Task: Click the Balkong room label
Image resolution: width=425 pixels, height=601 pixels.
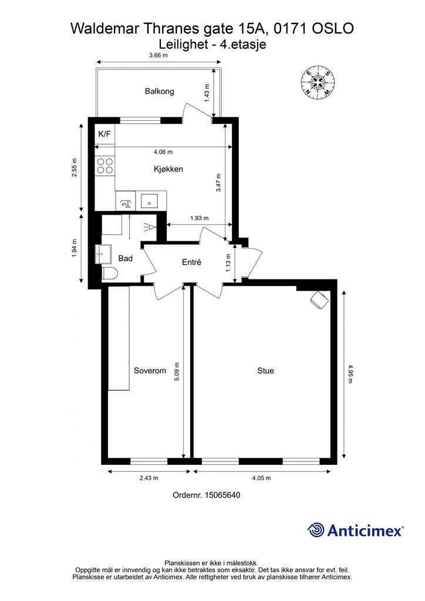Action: pyautogui.click(x=160, y=91)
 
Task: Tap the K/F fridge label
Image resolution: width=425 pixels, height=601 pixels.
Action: pyautogui.click(x=104, y=134)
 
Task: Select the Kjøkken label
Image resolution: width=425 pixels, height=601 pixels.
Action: pyautogui.click(x=168, y=169)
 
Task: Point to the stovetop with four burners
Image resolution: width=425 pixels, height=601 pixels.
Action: pyautogui.click(x=105, y=166)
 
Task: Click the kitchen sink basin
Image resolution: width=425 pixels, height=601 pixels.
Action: pyautogui.click(x=149, y=201)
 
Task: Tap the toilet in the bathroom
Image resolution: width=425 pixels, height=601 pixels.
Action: pyautogui.click(x=110, y=274)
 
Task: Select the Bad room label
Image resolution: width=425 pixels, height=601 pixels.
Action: pyautogui.click(x=125, y=258)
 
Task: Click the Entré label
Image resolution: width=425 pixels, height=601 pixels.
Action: pyautogui.click(x=191, y=262)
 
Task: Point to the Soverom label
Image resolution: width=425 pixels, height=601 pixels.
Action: pyautogui.click(x=150, y=371)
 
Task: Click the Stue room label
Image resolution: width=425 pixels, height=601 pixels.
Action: pyautogui.click(x=265, y=371)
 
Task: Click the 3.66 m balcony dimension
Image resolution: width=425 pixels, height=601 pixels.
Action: pyautogui.click(x=158, y=55)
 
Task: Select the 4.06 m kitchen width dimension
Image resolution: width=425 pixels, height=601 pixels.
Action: pyautogui.click(x=163, y=152)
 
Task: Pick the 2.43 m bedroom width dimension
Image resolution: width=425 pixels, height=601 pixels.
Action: pyautogui.click(x=149, y=478)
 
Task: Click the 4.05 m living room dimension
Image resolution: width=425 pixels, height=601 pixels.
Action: pyautogui.click(x=261, y=478)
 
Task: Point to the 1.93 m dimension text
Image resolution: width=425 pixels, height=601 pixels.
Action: pyautogui.click(x=199, y=218)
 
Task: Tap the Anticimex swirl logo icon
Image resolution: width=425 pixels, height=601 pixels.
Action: pyautogui.click(x=316, y=530)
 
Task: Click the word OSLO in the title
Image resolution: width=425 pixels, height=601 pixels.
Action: pyautogui.click(x=333, y=28)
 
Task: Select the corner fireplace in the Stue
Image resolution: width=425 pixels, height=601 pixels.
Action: pyautogui.click(x=319, y=299)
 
